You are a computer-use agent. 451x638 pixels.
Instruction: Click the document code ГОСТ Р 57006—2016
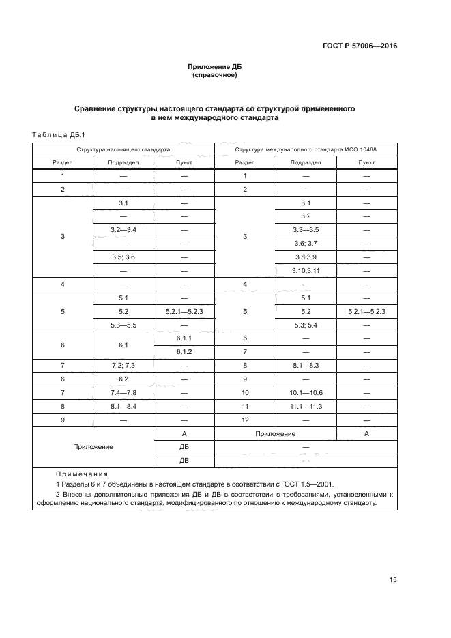coord(359,46)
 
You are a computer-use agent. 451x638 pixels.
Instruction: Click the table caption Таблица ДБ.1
coord(58,135)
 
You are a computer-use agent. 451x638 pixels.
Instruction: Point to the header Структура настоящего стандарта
coord(123,149)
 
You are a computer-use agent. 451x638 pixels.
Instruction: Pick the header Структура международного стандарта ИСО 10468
coord(306,149)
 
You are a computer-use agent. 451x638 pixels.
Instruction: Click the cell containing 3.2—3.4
coord(123,229)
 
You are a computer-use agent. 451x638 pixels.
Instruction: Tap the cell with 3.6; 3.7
coord(306,243)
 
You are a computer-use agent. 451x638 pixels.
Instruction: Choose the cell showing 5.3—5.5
coord(123,325)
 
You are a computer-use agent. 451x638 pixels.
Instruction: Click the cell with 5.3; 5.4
coord(306,325)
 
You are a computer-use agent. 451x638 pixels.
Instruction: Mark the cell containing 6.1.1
coord(184,338)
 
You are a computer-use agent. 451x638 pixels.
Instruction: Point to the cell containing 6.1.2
coord(184,352)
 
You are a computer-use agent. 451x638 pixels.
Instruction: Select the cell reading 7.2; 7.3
coord(123,366)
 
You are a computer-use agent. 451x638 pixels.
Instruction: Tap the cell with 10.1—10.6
coord(306,393)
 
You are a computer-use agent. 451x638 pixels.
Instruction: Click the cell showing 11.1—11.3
coord(306,407)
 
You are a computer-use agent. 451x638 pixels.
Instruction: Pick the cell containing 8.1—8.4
coord(123,407)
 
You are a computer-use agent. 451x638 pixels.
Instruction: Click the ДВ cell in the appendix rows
coord(184,461)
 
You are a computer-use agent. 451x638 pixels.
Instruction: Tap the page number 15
coord(393,579)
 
